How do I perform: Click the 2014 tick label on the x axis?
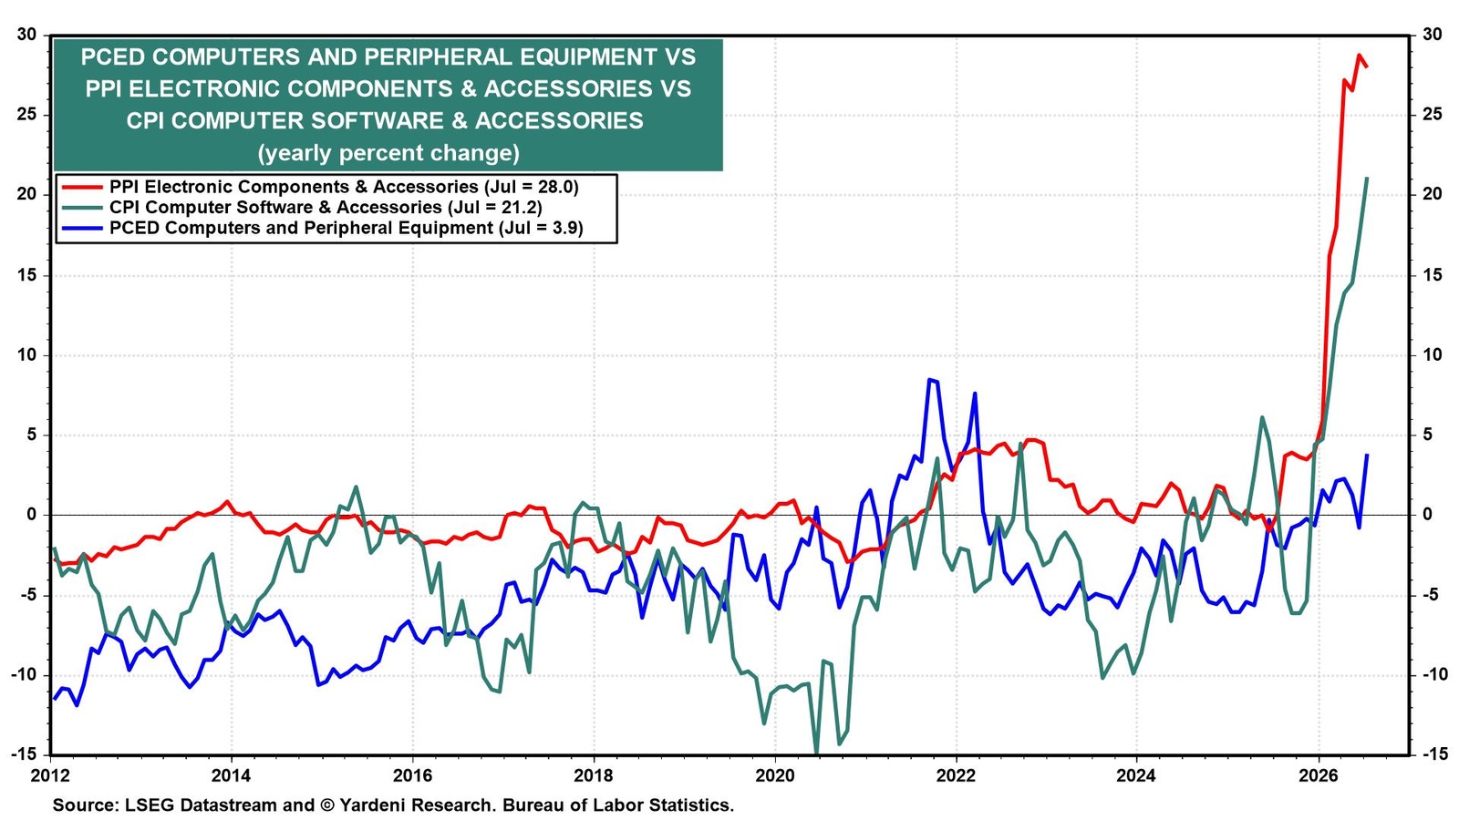[x=232, y=776]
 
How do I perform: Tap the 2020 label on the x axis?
[x=775, y=776]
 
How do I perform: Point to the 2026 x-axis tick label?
[x=1319, y=776]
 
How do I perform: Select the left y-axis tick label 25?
[x=26, y=115]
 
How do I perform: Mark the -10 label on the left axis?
[x=23, y=675]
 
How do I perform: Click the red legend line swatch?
[x=81, y=188]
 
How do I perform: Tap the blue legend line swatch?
[x=81, y=229]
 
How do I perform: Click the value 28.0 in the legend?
[x=554, y=188]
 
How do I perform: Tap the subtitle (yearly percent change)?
[x=388, y=154]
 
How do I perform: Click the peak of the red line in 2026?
[x=1359, y=56]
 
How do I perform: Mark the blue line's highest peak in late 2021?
[x=929, y=379]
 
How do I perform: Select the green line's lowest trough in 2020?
[x=817, y=753]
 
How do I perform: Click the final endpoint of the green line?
[x=1367, y=178]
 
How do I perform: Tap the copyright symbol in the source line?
[x=327, y=805]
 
